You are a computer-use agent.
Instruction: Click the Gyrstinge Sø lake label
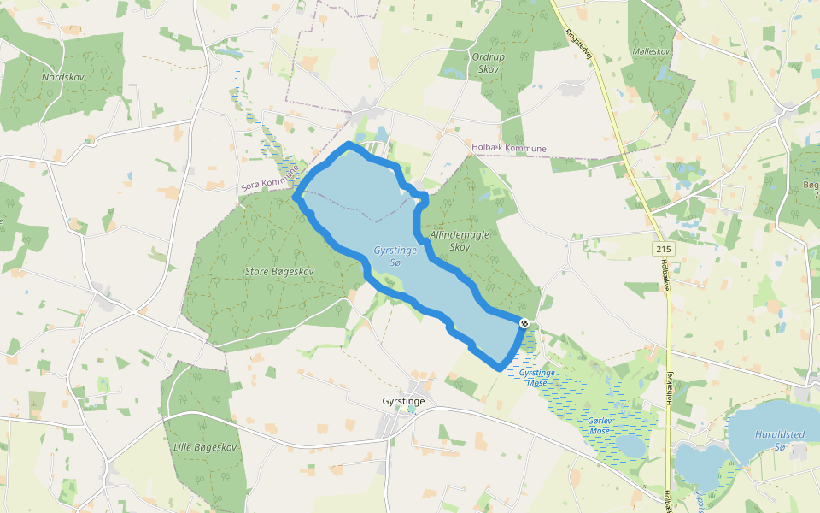[394, 256]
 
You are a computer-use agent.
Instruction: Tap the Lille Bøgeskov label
[204, 447]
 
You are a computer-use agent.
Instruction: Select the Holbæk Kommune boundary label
[509, 149]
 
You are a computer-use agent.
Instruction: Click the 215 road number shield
[662, 248]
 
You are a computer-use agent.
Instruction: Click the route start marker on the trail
[524, 322]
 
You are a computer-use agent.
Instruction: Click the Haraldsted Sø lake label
[779, 439]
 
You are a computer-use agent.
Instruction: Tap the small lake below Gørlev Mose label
[630, 447]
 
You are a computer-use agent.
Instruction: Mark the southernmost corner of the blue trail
[499, 369]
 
